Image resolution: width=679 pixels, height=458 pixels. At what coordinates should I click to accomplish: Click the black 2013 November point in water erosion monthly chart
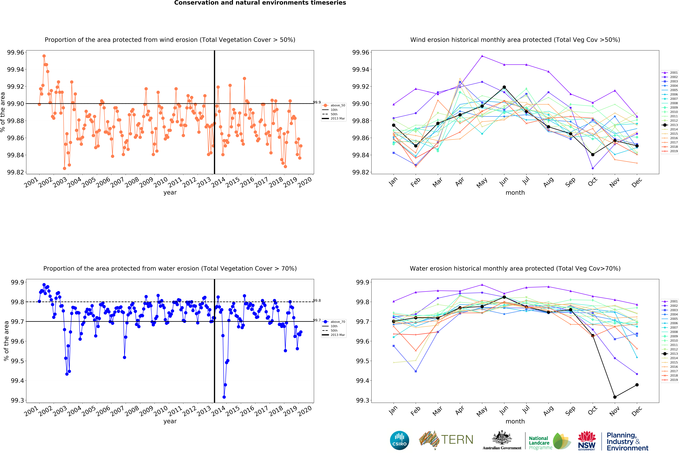[615, 397]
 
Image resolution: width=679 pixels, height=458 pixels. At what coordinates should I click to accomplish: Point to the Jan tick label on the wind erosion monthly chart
[393, 181]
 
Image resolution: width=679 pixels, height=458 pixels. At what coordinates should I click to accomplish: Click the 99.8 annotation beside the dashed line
[317, 300]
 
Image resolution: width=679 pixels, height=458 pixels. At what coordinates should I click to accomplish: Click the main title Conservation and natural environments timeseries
[260, 3]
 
